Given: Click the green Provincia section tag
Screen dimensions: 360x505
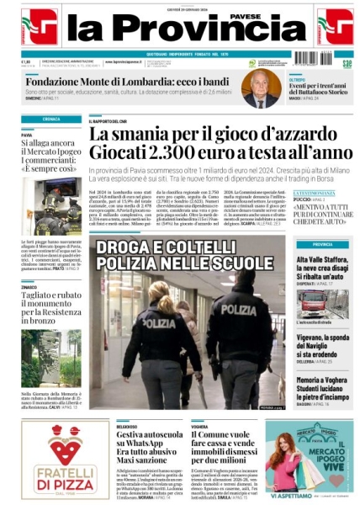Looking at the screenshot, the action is point(322,245).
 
